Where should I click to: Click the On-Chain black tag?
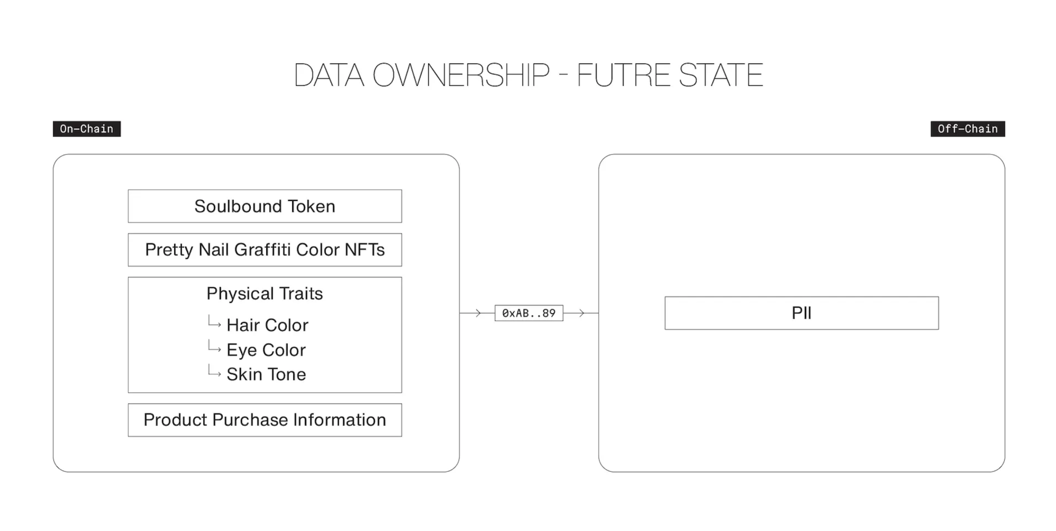(x=87, y=129)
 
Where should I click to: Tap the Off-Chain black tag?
(x=967, y=129)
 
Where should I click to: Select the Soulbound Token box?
(x=265, y=206)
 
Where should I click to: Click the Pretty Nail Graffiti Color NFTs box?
(x=265, y=250)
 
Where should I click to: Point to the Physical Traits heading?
(x=265, y=293)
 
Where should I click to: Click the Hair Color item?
(x=267, y=325)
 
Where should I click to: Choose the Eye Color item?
(x=266, y=350)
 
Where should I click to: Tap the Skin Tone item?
(x=266, y=374)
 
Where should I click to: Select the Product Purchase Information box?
(x=265, y=420)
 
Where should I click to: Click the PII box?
(x=802, y=313)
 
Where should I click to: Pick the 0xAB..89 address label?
(x=529, y=313)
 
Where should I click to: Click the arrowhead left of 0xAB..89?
(x=478, y=313)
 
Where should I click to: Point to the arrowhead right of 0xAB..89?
(x=581, y=313)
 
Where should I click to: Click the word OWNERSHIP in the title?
(x=461, y=75)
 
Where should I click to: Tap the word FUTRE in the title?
(x=624, y=75)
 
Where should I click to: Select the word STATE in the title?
(x=721, y=75)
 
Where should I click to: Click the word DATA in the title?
(x=328, y=75)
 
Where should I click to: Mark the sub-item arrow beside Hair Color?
(x=214, y=322)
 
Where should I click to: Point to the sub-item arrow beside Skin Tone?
(x=214, y=371)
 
